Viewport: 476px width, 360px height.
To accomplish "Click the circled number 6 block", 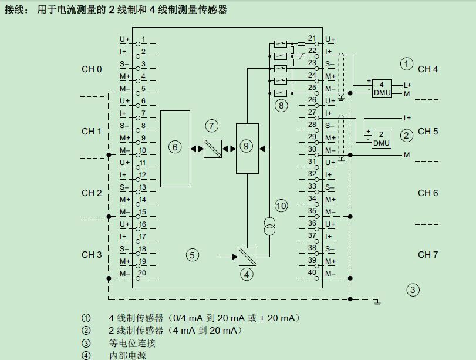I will [x=175, y=148].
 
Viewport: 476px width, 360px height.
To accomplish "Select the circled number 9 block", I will [x=247, y=148].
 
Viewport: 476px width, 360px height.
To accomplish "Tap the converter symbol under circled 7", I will [x=212, y=149].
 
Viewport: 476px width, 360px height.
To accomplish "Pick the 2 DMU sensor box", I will [x=381, y=139].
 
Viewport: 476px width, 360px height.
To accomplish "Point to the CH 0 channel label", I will [x=92, y=69].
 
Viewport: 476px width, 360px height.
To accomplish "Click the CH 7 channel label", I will [x=428, y=254].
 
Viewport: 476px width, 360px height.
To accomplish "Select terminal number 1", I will [x=143, y=39].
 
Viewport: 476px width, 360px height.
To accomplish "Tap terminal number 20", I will [x=142, y=273].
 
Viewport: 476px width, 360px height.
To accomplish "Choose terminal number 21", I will [x=312, y=39].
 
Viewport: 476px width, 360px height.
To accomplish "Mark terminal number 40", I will [x=312, y=273].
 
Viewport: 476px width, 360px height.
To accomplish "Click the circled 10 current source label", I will [x=281, y=206].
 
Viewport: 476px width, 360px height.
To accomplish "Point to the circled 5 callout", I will [x=193, y=255].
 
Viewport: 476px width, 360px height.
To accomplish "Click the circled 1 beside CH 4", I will [x=406, y=63].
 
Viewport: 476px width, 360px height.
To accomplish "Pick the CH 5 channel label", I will [x=428, y=132].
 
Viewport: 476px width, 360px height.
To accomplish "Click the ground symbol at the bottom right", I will [x=379, y=302].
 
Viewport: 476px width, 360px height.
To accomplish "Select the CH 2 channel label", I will [x=92, y=193].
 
